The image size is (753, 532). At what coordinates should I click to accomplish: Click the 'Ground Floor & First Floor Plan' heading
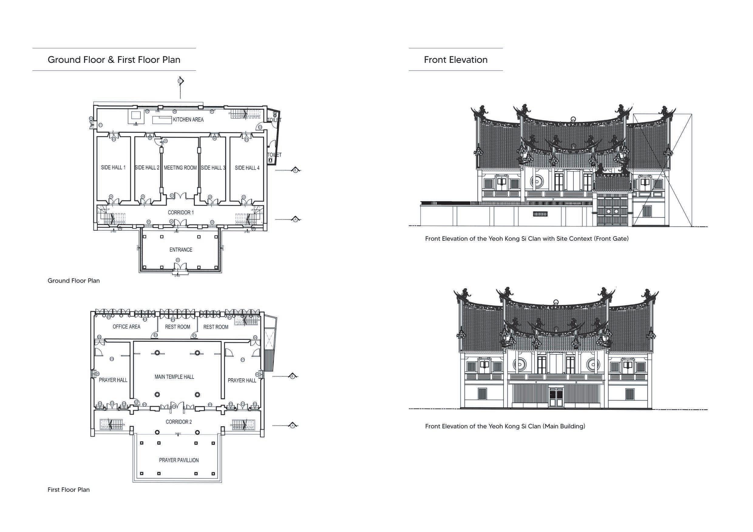[114, 60]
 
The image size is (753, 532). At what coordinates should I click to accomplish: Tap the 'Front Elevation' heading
[456, 60]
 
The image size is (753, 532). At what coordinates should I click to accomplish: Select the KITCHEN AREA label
[188, 119]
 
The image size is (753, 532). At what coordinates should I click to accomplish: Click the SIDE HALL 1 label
[113, 167]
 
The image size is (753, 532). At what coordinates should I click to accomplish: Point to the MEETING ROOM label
[180, 168]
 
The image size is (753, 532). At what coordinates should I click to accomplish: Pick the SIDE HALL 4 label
[247, 168]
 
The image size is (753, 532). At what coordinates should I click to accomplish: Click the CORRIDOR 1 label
[181, 212]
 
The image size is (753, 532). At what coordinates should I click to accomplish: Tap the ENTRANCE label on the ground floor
[181, 249]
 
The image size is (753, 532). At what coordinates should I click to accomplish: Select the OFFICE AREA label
[126, 326]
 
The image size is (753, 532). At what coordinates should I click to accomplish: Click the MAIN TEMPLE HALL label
[174, 377]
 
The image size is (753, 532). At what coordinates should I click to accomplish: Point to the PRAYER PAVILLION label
[179, 460]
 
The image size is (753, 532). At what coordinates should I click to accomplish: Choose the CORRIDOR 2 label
[179, 422]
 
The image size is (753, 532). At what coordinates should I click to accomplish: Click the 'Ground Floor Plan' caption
[73, 281]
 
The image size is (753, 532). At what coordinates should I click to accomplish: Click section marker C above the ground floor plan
[180, 81]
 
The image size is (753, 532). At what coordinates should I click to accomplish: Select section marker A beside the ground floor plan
[296, 219]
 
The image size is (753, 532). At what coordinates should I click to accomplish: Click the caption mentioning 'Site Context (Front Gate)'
[527, 239]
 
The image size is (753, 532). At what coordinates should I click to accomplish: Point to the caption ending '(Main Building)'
[505, 426]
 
